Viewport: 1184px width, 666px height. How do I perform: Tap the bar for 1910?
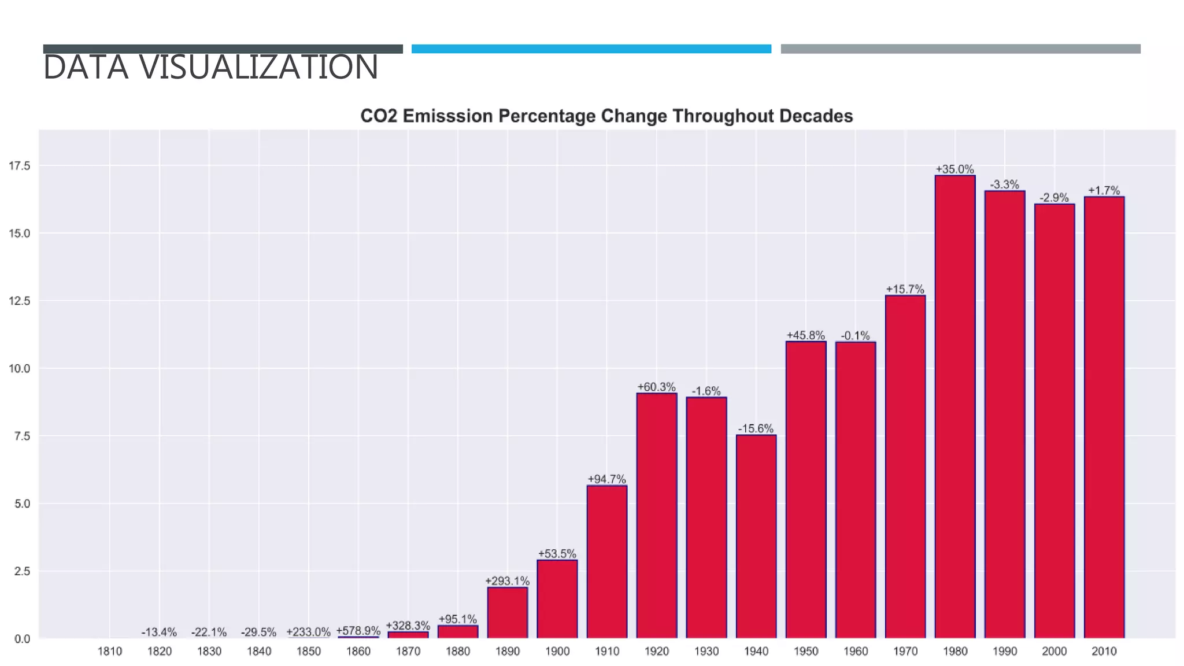click(x=606, y=561)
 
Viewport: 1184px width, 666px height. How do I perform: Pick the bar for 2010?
click(x=1104, y=417)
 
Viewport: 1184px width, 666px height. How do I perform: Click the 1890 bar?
click(x=507, y=612)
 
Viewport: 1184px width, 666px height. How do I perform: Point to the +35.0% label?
click(x=954, y=169)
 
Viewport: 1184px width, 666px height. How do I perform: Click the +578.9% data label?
click(x=358, y=630)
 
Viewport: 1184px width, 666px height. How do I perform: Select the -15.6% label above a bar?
click(x=756, y=428)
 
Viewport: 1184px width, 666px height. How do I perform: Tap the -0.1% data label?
click(x=855, y=335)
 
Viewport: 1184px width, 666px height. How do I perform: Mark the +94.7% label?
click(x=606, y=479)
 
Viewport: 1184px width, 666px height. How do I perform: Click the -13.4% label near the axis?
click(x=159, y=632)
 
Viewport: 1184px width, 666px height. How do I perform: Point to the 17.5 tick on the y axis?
click(x=19, y=166)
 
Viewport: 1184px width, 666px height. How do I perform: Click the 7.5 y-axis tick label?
click(x=22, y=436)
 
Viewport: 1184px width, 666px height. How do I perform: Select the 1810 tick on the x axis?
click(x=109, y=651)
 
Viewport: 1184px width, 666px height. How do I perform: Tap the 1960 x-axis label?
click(x=855, y=651)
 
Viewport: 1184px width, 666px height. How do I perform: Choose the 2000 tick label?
click(x=1054, y=651)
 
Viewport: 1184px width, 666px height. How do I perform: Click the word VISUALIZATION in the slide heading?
click(x=258, y=67)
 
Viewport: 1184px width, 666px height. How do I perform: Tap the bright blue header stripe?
click(x=591, y=49)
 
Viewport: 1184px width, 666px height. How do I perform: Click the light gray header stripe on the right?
click(x=960, y=49)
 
